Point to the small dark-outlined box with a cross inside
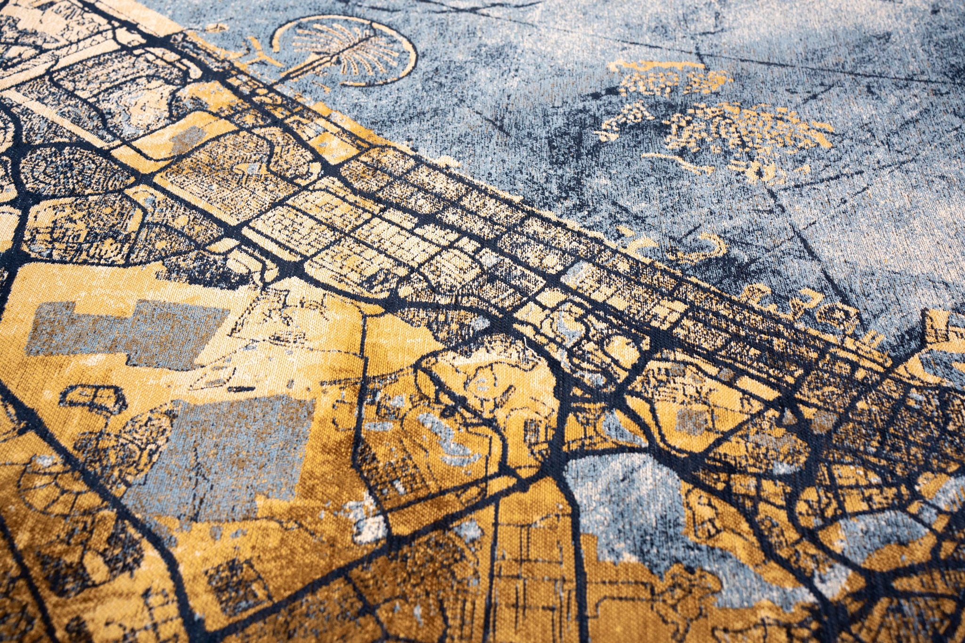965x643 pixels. point(94,398)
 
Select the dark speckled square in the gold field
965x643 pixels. point(231,579)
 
